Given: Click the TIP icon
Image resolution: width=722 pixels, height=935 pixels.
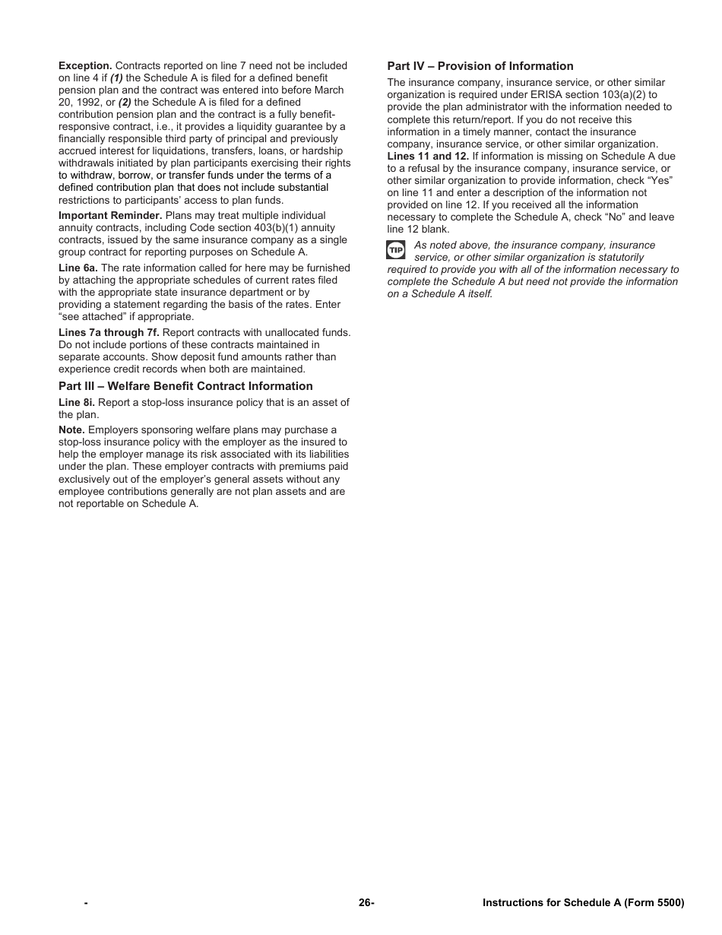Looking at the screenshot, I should tap(396, 250).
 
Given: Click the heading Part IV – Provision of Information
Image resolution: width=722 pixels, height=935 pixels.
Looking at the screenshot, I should tap(480, 66).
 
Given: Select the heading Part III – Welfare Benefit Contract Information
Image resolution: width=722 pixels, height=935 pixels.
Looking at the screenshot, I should tap(185, 386).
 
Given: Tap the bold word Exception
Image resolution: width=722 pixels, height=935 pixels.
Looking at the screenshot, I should tap(85, 66).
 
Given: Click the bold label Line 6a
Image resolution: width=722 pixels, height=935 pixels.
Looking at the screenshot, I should tap(78, 268).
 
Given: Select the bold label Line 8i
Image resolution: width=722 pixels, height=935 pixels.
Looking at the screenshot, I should tap(77, 403).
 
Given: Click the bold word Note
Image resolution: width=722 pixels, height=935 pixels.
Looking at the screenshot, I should tap(71, 430).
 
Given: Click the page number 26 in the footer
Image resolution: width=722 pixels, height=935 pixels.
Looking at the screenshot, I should tap(366, 903).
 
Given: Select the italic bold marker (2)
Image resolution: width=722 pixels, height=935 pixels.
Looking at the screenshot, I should tap(125, 103).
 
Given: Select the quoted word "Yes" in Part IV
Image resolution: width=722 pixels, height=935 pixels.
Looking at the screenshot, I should tap(658, 181).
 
